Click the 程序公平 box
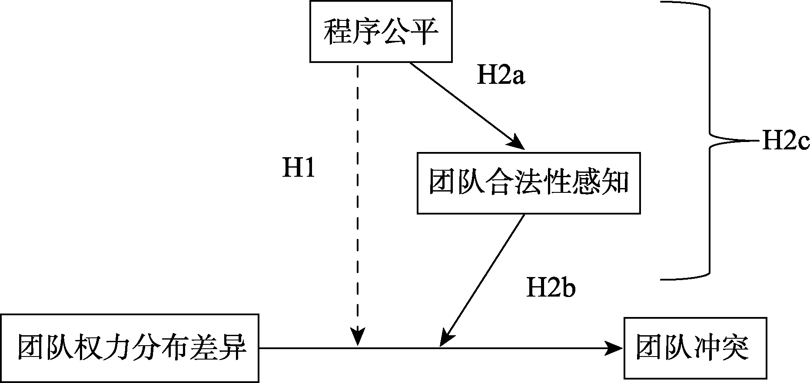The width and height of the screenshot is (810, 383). (381, 31)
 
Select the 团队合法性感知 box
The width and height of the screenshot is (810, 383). (528, 183)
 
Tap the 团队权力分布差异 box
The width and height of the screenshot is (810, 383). (129, 348)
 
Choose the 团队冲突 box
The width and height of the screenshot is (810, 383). (695, 348)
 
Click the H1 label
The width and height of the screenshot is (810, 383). (299, 167)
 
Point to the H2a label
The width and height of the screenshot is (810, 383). (501, 76)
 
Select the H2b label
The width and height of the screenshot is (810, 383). (551, 287)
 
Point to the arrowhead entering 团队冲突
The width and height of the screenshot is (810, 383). (615, 347)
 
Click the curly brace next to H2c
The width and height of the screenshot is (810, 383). (710, 141)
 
